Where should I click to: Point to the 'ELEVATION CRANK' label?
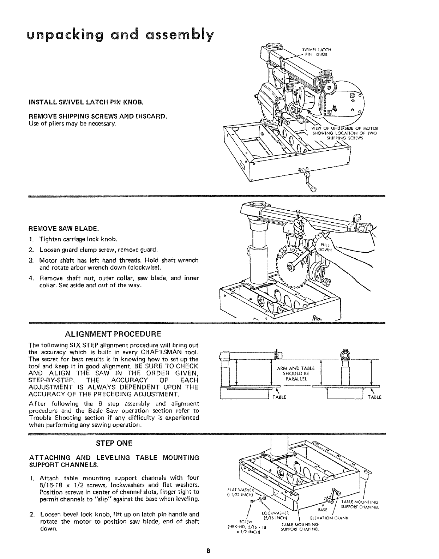tap(329, 518)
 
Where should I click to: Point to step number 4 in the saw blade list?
tap(31, 278)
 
